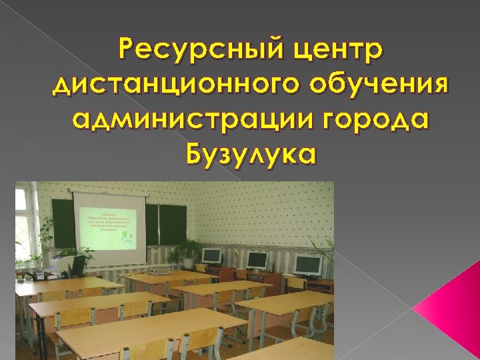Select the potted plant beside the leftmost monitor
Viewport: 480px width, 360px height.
point(185,252)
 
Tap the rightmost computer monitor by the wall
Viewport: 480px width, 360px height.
point(307,265)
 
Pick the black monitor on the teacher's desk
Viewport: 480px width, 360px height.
point(78,267)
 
